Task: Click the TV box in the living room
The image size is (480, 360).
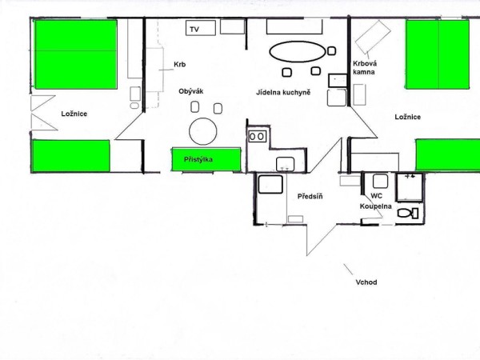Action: pos(201,28)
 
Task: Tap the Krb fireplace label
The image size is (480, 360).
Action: pos(180,65)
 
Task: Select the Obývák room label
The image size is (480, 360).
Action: pos(191,91)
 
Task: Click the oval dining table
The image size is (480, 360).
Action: pos(298,52)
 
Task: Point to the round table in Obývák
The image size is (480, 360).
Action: pos(203,131)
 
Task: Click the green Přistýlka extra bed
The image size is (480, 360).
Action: pos(206,159)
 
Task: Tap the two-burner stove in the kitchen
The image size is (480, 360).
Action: pos(257,137)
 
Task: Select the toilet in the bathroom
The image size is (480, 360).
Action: pos(408,213)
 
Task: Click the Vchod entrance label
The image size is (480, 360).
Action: pos(366,282)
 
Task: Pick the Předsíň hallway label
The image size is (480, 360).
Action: pos(310,196)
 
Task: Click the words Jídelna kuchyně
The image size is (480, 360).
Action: pos(283,93)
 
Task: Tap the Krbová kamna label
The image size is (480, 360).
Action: pos(365,68)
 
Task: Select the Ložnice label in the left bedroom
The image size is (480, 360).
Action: pos(74,114)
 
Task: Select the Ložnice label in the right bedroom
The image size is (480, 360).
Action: pos(407,117)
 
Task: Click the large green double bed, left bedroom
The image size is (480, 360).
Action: pos(76,54)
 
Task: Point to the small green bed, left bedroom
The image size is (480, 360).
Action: pos(71,156)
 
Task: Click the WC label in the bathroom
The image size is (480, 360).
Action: pos(376,196)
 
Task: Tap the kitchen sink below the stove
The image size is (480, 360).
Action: pos(286,164)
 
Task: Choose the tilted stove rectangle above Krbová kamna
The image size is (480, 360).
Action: pos(373,36)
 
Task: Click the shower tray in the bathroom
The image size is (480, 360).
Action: pos(410,187)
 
